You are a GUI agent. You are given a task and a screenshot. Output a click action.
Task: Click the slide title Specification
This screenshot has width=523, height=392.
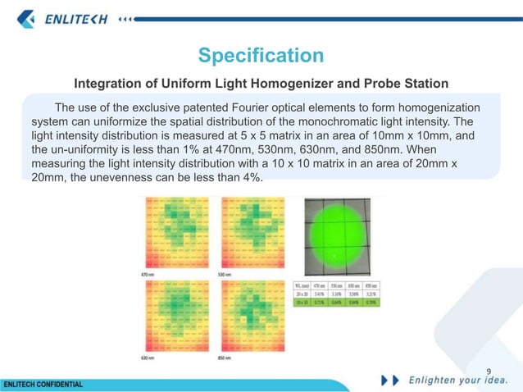[x=261, y=56]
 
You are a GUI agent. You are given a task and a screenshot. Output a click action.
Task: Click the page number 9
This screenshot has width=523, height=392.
[x=489, y=370]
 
